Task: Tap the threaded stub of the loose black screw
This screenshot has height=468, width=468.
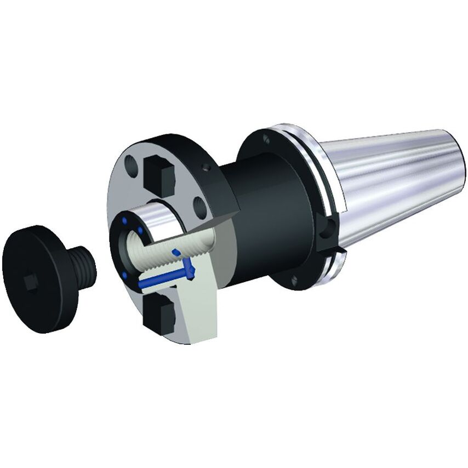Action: (83, 266)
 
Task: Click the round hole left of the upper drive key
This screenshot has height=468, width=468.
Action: (131, 164)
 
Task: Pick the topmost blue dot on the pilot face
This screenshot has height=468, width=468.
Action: (127, 220)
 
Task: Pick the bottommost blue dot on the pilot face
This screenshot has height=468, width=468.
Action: (125, 275)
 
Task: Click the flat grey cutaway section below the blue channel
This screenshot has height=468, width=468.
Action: (197, 312)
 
